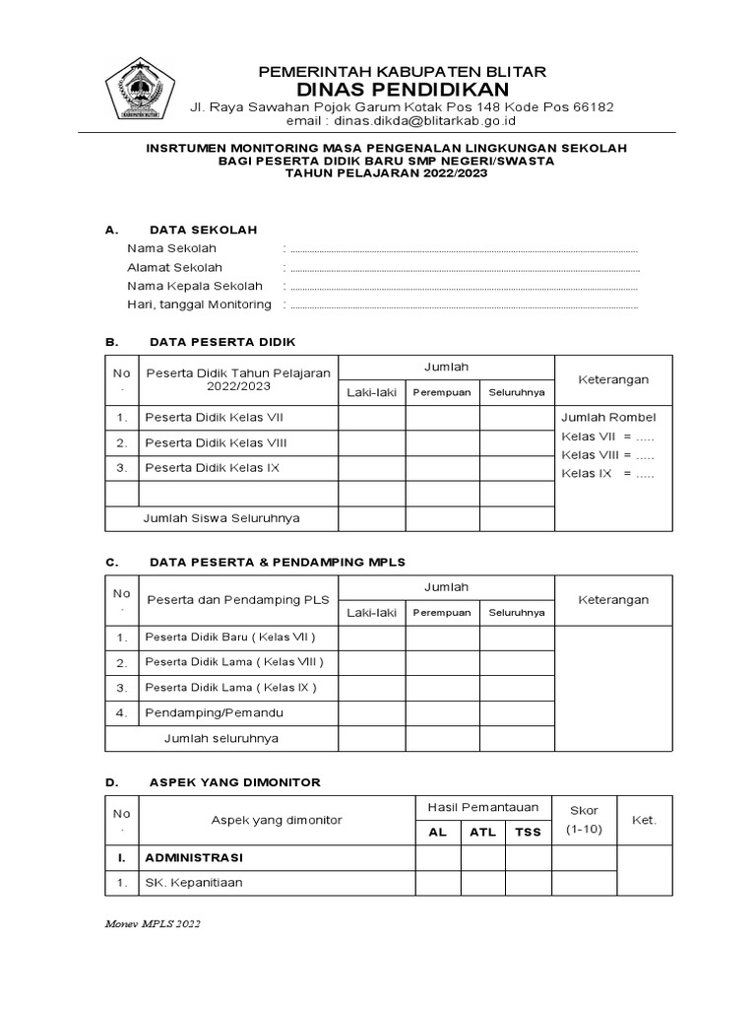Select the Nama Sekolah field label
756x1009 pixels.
[171, 248]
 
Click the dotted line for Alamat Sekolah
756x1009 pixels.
[465, 268]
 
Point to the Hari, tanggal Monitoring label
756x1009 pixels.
[199, 304]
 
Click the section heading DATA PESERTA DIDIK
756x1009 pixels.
[221, 342]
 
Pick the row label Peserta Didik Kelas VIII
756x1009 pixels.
[216, 442]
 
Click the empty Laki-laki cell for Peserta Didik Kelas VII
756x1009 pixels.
[371, 418]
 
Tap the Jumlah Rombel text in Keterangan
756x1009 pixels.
[608, 417]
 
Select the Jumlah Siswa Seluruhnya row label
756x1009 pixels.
[221, 517]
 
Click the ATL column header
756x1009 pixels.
[482, 832]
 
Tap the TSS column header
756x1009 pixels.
[528, 832]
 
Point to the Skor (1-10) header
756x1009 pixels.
[584, 820]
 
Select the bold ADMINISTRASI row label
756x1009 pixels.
[195, 857]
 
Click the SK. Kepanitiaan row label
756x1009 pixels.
[193, 883]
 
